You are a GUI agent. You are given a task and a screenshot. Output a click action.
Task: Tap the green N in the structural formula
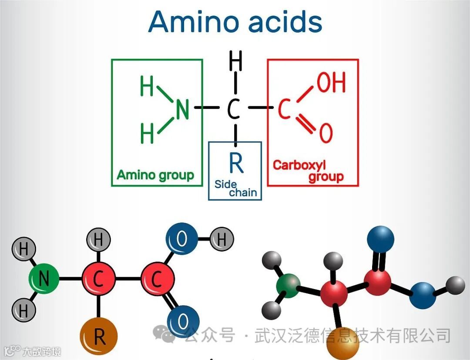tap(182, 109)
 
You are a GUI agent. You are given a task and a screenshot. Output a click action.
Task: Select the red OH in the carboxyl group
tap(331, 82)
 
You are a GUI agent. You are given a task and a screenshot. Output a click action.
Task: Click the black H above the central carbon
tap(235, 62)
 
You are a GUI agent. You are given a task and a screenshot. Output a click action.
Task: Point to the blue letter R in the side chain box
tap(236, 163)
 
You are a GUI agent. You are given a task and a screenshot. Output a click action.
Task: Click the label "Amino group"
tap(155, 175)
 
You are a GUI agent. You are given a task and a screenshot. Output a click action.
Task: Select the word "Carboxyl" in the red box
tap(299, 165)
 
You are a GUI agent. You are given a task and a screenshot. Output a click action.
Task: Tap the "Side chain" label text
tap(235, 188)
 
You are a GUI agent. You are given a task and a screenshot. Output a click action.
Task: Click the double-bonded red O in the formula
tap(326, 133)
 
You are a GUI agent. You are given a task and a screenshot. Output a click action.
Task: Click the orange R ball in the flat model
tap(99, 336)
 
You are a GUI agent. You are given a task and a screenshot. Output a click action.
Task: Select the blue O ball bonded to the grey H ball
tap(182, 239)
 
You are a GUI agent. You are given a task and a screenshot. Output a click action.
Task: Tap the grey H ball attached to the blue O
tap(222, 239)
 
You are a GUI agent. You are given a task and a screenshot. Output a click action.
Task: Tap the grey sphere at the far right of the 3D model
tap(456, 285)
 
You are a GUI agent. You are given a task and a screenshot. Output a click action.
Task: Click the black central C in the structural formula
tap(234, 109)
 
